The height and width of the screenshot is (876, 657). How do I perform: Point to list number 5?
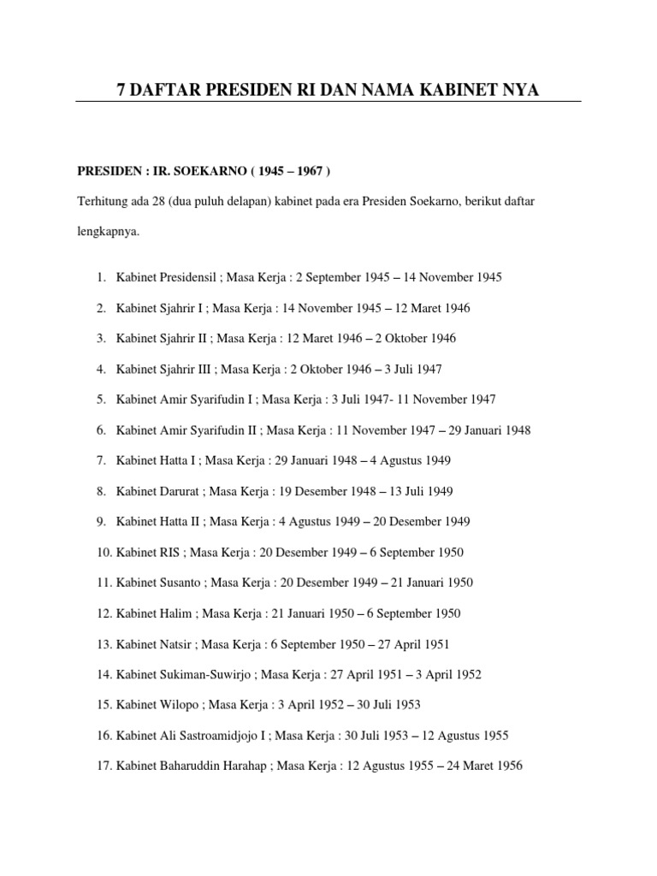tap(101, 400)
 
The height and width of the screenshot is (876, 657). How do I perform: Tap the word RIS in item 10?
tap(169, 553)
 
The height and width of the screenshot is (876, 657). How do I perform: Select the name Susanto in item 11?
tap(178, 583)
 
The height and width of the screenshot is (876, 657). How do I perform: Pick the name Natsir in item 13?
tap(174, 644)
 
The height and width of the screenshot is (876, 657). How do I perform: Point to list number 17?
tap(104, 766)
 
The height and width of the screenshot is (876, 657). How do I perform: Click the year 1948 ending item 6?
tap(517, 430)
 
